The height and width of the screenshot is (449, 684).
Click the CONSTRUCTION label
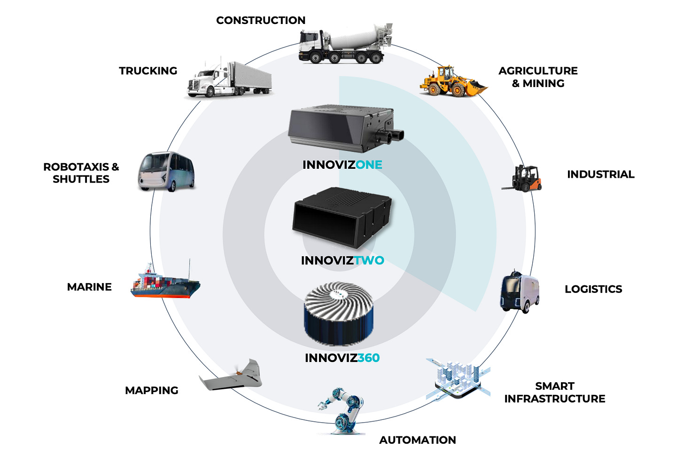[x=261, y=20]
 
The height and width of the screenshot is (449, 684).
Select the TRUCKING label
[x=148, y=71]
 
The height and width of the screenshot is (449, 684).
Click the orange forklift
[x=523, y=178]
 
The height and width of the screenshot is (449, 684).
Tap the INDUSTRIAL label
[x=600, y=174]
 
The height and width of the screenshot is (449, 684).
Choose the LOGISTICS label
[x=593, y=289]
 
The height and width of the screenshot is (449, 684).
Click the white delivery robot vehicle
[x=520, y=291]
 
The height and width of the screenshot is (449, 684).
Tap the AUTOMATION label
[x=417, y=440]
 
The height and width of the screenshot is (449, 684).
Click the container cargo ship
[x=165, y=284]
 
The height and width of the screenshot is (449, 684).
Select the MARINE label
[x=89, y=287]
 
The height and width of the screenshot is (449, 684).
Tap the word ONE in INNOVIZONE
[x=369, y=165]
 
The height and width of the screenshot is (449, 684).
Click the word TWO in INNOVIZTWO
[x=369, y=260]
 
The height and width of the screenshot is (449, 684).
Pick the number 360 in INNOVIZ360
[x=368, y=358]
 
